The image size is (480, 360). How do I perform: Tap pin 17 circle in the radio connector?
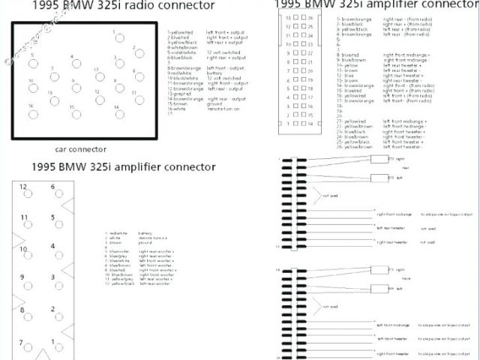point(100,77)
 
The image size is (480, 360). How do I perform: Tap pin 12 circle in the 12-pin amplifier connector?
point(27,193)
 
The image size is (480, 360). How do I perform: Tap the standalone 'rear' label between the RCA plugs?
point(406,168)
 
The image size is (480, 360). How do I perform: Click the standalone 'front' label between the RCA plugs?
point(406,278)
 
